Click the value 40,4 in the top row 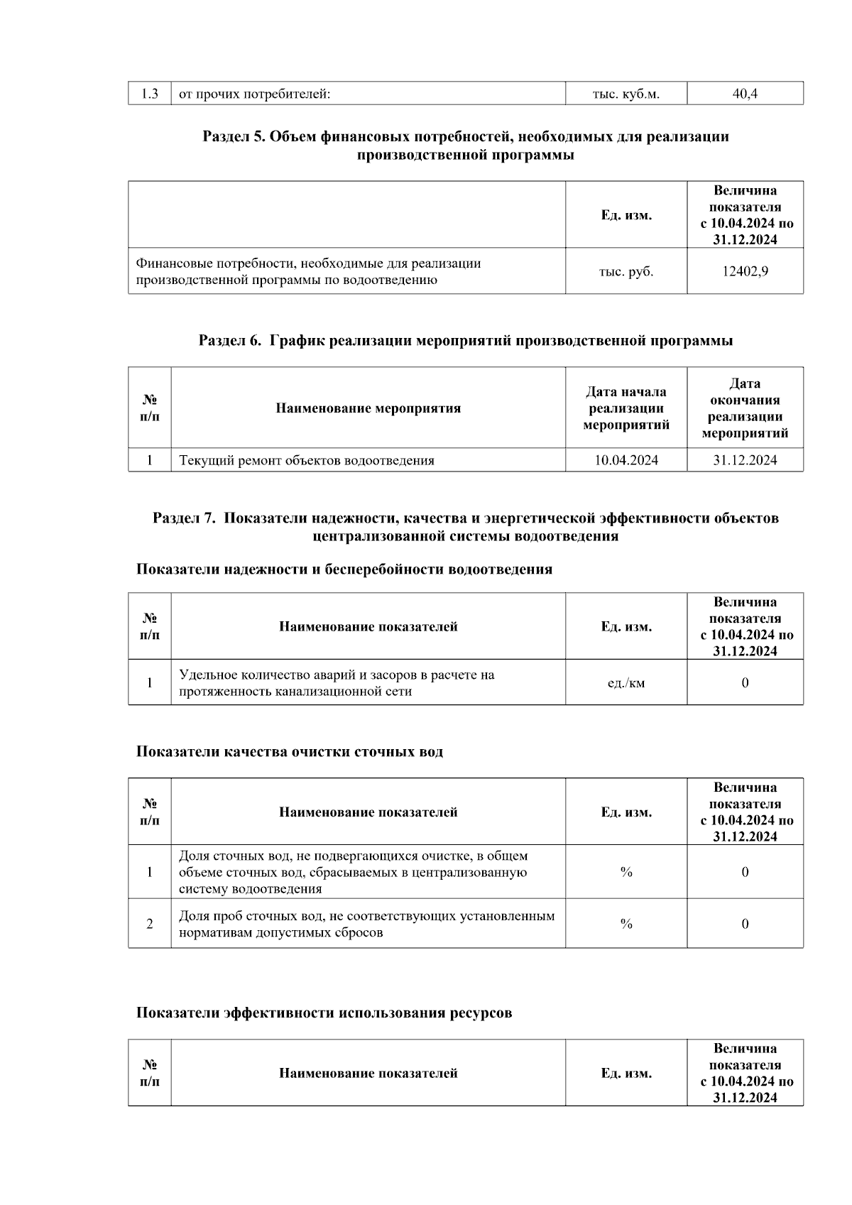pyautogui.click(x=745, y=94)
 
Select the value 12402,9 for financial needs pyautogui.click(x=745, y=271)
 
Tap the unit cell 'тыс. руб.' pyautogui.click(x=626, y=271)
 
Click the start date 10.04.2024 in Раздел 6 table pyautogui.click(x=626, y=460)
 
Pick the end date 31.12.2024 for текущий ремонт pyautogui.click(x=745, y=460)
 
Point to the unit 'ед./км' pyautogui.click(x=626, y=683)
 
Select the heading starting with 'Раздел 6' pyautogui.click(x=466, y=341)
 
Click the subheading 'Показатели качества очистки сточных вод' pyautogui.click(x=290, y=752)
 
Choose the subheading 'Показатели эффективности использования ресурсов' pyautogui.click(x=324, y=1013)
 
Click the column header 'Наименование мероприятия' pyautogui.click(x=368, y=408)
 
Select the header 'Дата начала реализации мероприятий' pyautogui.click(x=626, y=408)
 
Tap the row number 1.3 pyautogui.click(x=150, y=94)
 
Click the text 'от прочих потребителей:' pyautogui.click(x=254, y=94)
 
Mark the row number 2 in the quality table pyautogui.click(x=150, y=924)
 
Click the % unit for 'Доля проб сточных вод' pyautogui.click(x=626, y=924)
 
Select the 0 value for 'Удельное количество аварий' pyautogui.click(x=745, y=683)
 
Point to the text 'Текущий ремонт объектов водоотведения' pyautogui.click(x=307, y=460)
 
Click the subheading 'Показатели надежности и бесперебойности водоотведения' pyautogui.click(x=344, y=569)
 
